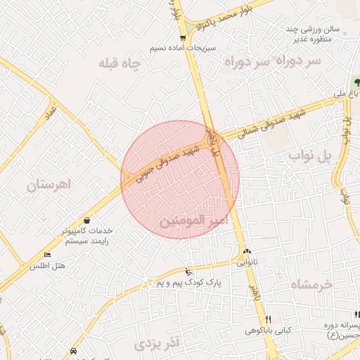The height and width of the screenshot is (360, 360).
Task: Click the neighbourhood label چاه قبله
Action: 120,64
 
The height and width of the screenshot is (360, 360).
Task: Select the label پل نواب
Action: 309,157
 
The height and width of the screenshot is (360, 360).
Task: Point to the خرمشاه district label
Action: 309,285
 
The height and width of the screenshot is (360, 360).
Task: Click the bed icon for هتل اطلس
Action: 47,255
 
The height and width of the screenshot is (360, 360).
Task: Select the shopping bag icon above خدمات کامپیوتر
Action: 86,220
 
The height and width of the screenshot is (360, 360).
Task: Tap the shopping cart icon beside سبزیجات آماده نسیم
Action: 183,38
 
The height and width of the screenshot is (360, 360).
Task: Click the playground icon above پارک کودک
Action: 187,271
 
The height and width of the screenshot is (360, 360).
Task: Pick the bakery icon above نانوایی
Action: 246,252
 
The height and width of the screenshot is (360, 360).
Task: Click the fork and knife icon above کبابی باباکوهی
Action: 268,319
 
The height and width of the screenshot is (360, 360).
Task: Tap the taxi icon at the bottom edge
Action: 74,349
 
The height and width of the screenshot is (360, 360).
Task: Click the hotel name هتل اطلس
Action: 48,266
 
